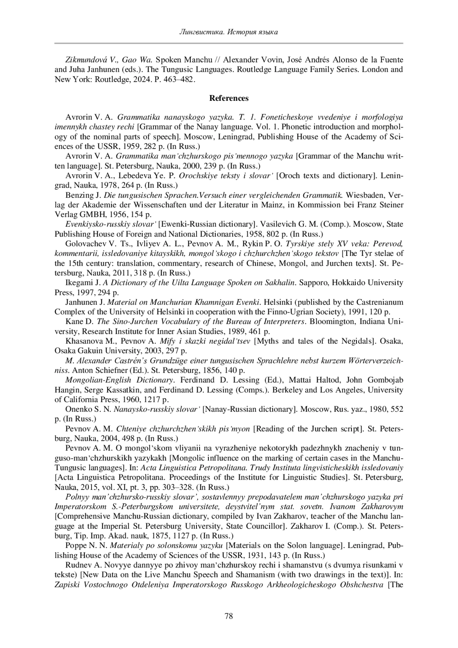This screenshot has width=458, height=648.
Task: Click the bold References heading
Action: pyautogui.click(x=229, y=98)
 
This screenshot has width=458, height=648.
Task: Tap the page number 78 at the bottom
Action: pyautogui.click(x=229, y=616)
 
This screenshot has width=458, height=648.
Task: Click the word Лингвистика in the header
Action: pyautogui.click(x=201, y=32)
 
